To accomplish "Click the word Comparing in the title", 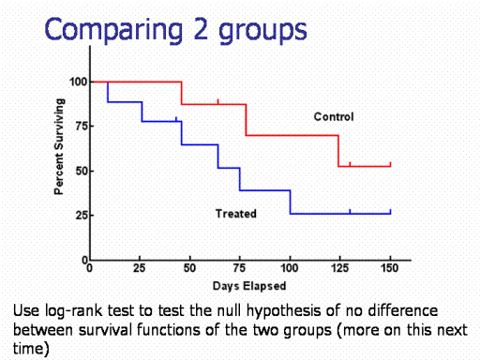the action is coord(113,30).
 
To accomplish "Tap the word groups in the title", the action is coord(262,31).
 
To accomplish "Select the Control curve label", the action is coord(334,117).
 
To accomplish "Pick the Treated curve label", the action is coord(236,214).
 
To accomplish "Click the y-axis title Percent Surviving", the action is coord(59,146).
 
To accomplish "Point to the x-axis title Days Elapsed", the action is coord(249,286).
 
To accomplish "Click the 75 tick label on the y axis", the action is coord(81,127).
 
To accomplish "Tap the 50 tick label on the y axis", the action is coord(81,172).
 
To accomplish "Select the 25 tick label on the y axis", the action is coord(81,216).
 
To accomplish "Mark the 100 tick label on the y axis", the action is coord(78,82).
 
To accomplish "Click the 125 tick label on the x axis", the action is coord(339,268).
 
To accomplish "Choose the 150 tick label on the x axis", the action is coord(390,268).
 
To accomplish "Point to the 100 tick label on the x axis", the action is coord(290,268).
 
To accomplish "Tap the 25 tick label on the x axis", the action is coord(140,268).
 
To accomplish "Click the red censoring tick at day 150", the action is coord(390,164).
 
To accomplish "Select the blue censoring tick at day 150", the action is coord(390,212).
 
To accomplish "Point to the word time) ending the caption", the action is coord(31,349).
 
